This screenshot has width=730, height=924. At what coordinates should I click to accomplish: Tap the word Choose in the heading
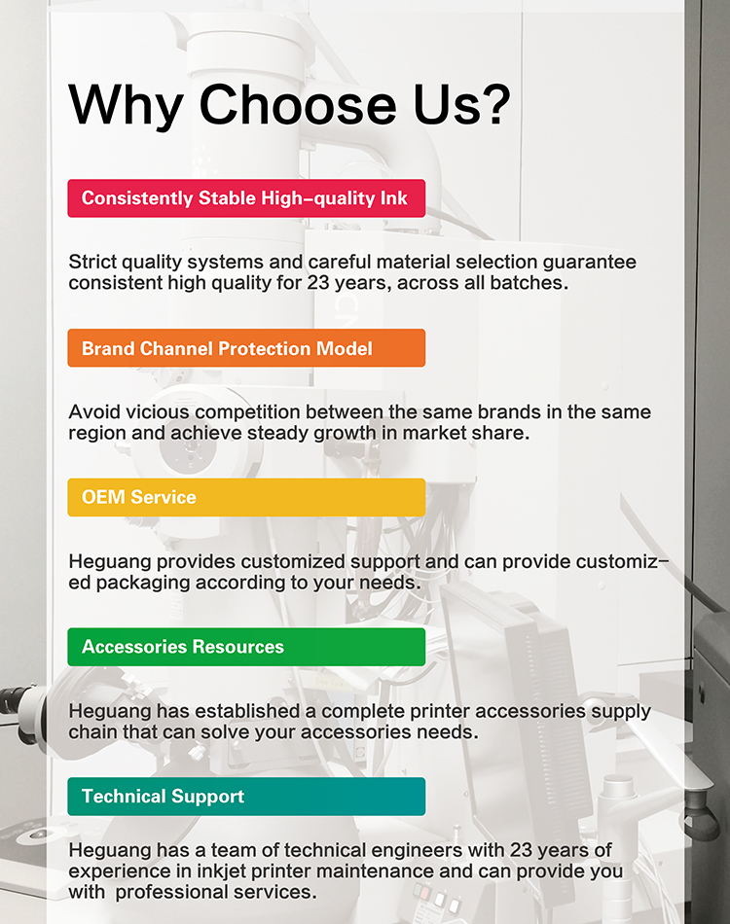coord(298,104)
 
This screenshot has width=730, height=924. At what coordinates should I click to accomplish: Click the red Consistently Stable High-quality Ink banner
coord(246,198)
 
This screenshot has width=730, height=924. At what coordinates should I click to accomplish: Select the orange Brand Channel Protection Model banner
coord(246,348)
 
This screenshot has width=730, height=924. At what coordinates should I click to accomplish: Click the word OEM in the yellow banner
coord(103,497)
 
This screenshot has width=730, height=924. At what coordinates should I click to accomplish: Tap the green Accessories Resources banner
coord(246,647)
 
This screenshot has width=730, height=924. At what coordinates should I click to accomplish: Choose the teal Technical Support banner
coord(246,797)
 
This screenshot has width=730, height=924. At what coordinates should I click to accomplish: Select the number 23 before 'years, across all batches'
coord(318,283)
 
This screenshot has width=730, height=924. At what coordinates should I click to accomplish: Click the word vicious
coord(158,412)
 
